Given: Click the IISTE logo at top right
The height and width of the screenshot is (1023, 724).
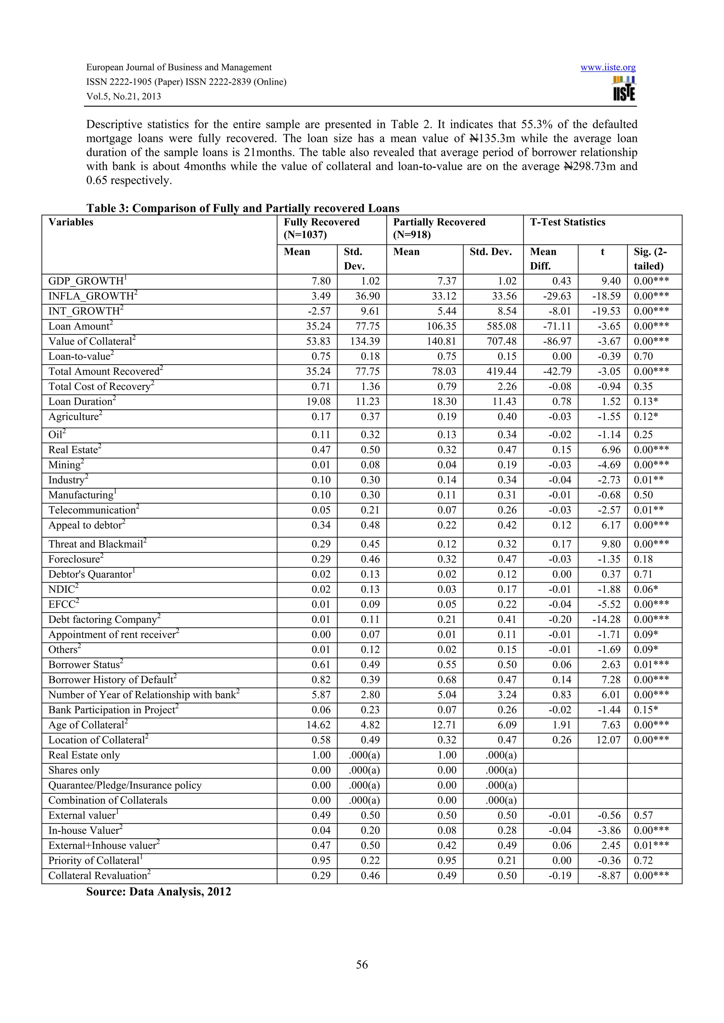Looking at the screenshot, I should pyautogui.click(x=624, y=89).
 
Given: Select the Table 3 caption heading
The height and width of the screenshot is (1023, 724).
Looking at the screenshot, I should pyautogui.click(x=243, y=208).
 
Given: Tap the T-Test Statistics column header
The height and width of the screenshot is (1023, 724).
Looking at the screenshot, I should pyautogui.click(x=567, y=222).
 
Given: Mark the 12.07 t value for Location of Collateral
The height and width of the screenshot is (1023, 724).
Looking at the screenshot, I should pyautogui.click(x=608, y=740).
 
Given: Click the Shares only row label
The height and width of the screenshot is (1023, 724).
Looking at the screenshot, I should pyautogui.click(x=74, y=770).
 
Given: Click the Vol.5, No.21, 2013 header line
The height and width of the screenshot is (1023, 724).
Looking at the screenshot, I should pyautogui.click(x=123, y=96).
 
